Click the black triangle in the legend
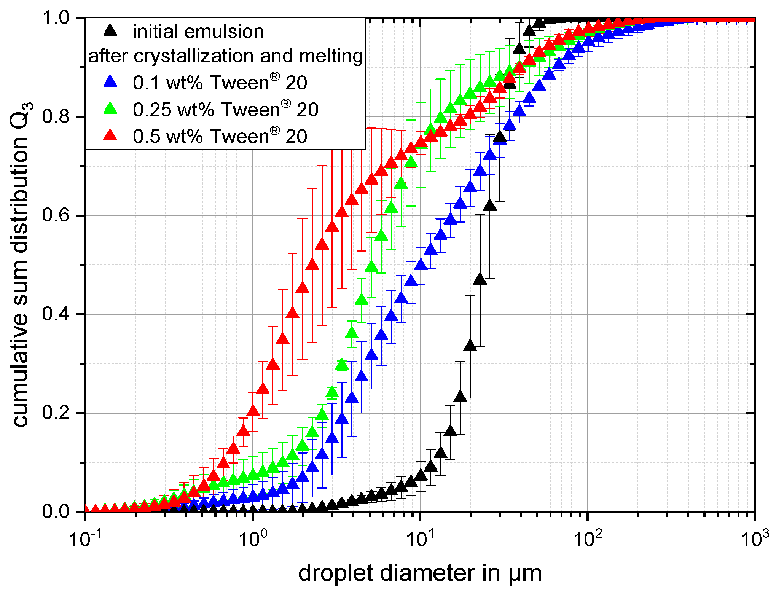[110, 31]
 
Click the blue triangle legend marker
[110, 82]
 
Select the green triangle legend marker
[110, 109]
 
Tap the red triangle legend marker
[110, 135]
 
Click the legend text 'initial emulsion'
[198, 32]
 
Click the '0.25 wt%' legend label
[174, 110]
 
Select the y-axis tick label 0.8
[56, 116]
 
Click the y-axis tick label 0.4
[56, 314]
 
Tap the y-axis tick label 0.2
[56, 413]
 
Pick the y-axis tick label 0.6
[56, 215]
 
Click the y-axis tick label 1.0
[56, 18]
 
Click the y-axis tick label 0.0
[56, 511]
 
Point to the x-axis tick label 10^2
[588, 537]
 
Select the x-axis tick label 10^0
[253, 537]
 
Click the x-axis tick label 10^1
[420, 537]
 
